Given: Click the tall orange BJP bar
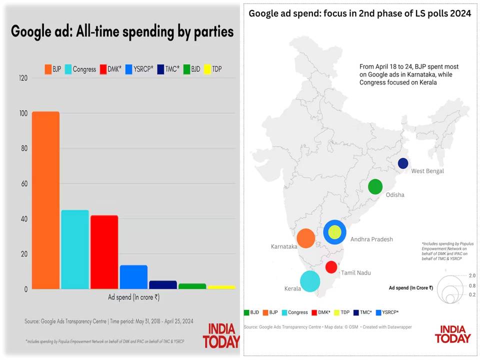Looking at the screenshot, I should click(45, 200).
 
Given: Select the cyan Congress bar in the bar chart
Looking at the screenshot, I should click(75, 249).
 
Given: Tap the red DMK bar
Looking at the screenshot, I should click(104, 252).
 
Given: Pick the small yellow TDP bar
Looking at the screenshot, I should click(221, 287).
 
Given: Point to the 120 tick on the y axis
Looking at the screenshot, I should click(23, 78).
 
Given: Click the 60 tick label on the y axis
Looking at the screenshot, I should click(24, 183).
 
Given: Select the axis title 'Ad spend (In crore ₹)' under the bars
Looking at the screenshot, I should click(133, 297).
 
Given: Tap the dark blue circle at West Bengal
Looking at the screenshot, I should click(403, 163).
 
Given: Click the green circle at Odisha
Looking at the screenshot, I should click(375, 186).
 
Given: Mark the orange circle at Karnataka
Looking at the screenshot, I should click(305, 238).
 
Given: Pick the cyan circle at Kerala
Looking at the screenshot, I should click(310, 281).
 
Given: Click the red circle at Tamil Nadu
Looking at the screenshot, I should click(331, 267).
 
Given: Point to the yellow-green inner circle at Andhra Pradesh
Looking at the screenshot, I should click(334, 232).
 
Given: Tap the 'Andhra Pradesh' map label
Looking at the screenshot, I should click(371, 239).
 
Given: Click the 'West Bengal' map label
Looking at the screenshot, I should click(427, 171).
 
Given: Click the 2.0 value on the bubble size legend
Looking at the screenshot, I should click(472, 275).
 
